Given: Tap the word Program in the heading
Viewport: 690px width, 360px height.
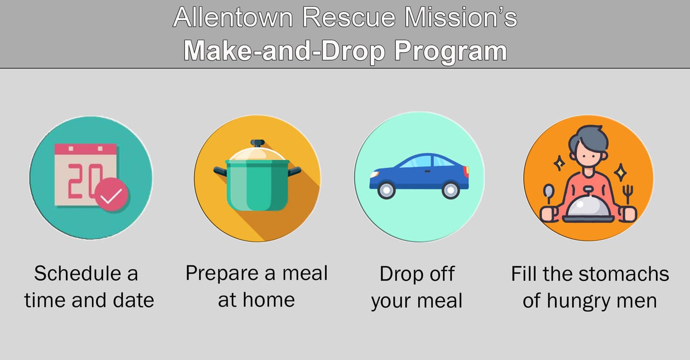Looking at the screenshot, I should (450, 51).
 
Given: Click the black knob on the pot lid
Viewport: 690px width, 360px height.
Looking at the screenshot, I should (258, 143).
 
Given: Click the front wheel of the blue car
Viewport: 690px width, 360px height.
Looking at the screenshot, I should (387, 190).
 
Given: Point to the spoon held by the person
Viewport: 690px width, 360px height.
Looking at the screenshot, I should (548, 194).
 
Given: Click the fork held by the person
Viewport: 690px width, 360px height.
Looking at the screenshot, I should (628, 192).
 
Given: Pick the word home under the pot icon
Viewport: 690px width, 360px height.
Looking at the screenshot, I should (269, 300).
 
